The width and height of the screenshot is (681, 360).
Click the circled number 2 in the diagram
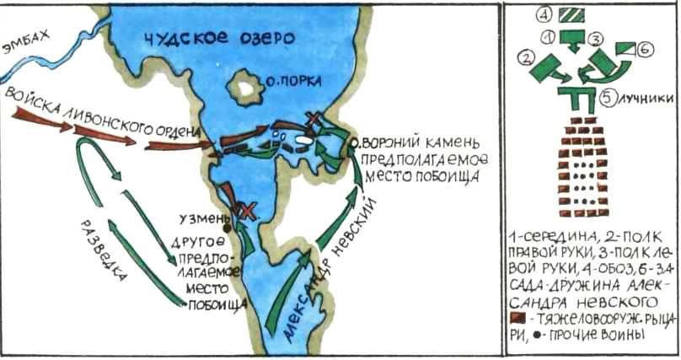[x=528, y=57]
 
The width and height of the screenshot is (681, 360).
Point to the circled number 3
[x=593, y=38]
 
